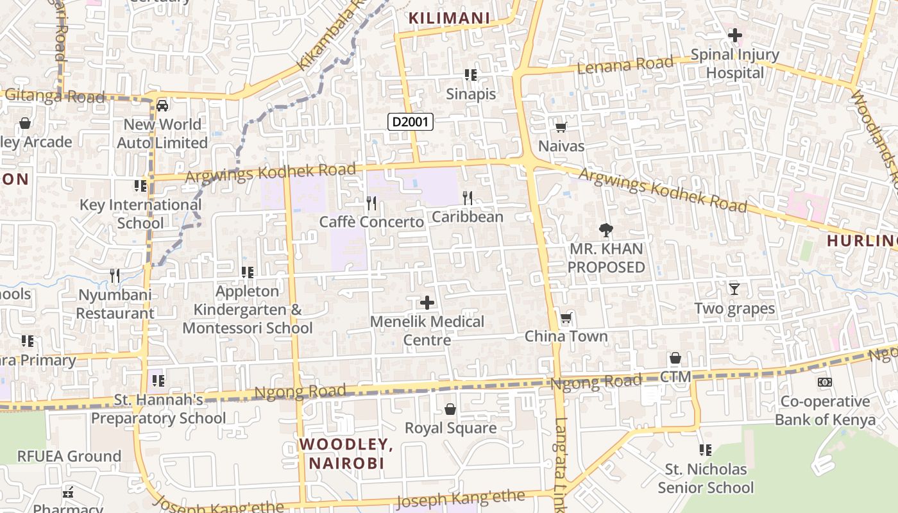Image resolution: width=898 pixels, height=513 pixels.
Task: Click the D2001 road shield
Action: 411,121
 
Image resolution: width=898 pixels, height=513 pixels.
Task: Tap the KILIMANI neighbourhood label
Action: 449,18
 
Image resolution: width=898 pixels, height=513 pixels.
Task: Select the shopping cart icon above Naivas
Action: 561,127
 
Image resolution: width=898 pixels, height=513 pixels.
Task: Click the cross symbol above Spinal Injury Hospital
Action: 735,35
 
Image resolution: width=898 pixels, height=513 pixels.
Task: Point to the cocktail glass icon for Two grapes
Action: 734,289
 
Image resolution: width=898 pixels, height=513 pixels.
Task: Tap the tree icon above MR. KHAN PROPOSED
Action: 606,230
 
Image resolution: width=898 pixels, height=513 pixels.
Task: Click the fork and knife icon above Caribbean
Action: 468,198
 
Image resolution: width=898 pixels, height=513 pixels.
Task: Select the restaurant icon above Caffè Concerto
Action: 371,203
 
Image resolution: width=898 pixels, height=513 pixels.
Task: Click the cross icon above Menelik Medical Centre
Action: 427,303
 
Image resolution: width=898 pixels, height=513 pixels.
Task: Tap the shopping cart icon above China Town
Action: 566,317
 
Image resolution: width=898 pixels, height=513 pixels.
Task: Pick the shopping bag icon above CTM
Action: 675,358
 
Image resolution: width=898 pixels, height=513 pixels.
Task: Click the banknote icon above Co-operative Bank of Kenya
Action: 825,382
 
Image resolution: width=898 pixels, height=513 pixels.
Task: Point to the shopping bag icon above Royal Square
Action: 450,409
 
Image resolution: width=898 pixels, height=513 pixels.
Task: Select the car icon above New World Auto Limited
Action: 162,105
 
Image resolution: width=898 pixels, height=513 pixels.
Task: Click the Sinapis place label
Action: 471,94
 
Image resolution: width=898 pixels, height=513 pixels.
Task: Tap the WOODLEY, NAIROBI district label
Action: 346,453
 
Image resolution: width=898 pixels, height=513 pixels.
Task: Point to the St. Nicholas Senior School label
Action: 706,478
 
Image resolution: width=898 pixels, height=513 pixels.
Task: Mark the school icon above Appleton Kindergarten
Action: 248,273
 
